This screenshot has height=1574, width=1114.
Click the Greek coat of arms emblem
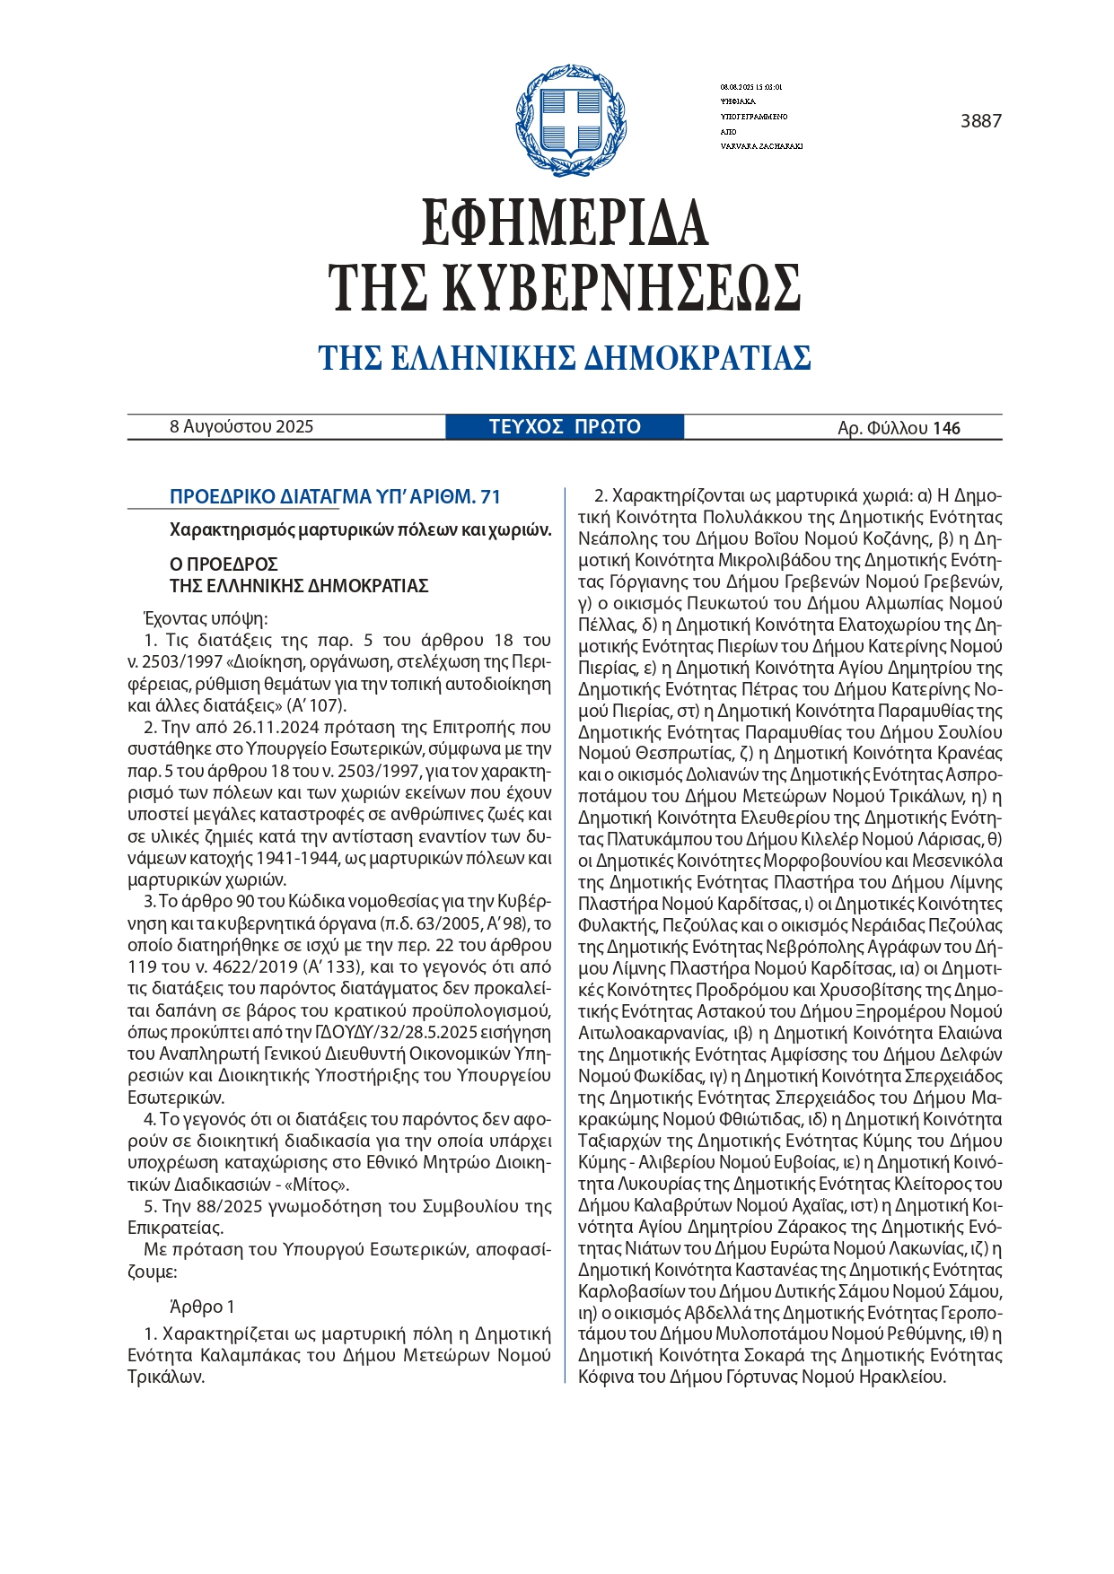click(570, 120)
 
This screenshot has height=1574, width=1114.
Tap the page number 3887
click(980, 121)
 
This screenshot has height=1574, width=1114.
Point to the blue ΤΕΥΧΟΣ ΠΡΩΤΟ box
click(565, 426)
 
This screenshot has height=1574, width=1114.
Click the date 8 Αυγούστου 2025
click(241, 427)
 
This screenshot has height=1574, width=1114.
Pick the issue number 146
click(946, 428)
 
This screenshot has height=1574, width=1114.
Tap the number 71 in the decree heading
click(490, 497)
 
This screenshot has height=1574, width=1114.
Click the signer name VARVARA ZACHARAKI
click(761, 146)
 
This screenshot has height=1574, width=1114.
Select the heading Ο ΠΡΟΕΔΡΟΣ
click(224, 564)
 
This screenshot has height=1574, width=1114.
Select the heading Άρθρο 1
click(202, 1307)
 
